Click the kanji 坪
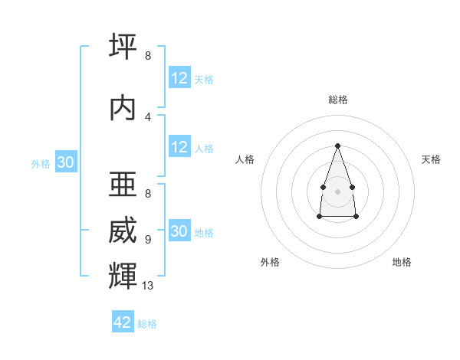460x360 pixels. click(123, 46)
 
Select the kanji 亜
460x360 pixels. click(123, 184)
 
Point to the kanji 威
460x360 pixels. click(123, 230)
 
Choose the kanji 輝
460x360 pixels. click(123, 276)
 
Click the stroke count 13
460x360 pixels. click(147, 286)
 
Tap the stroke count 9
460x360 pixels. click(148, 240)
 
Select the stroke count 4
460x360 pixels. click(148, 117)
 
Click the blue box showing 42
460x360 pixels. click(123, 321)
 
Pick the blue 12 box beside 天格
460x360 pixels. click(180, 77)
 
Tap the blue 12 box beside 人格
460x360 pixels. click(180, 146)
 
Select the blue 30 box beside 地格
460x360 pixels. click(180, 230)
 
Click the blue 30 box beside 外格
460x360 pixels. click(66, 162)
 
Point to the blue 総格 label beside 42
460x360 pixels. click(147, 324)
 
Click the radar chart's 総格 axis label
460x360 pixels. click(338, 100)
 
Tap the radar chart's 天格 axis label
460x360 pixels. click(431, 159)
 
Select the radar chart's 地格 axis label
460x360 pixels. click(402, 262)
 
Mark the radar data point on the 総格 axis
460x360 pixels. click(337, 146)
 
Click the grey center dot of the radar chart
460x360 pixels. click(337, 191)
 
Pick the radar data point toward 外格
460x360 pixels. click(320, 217)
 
